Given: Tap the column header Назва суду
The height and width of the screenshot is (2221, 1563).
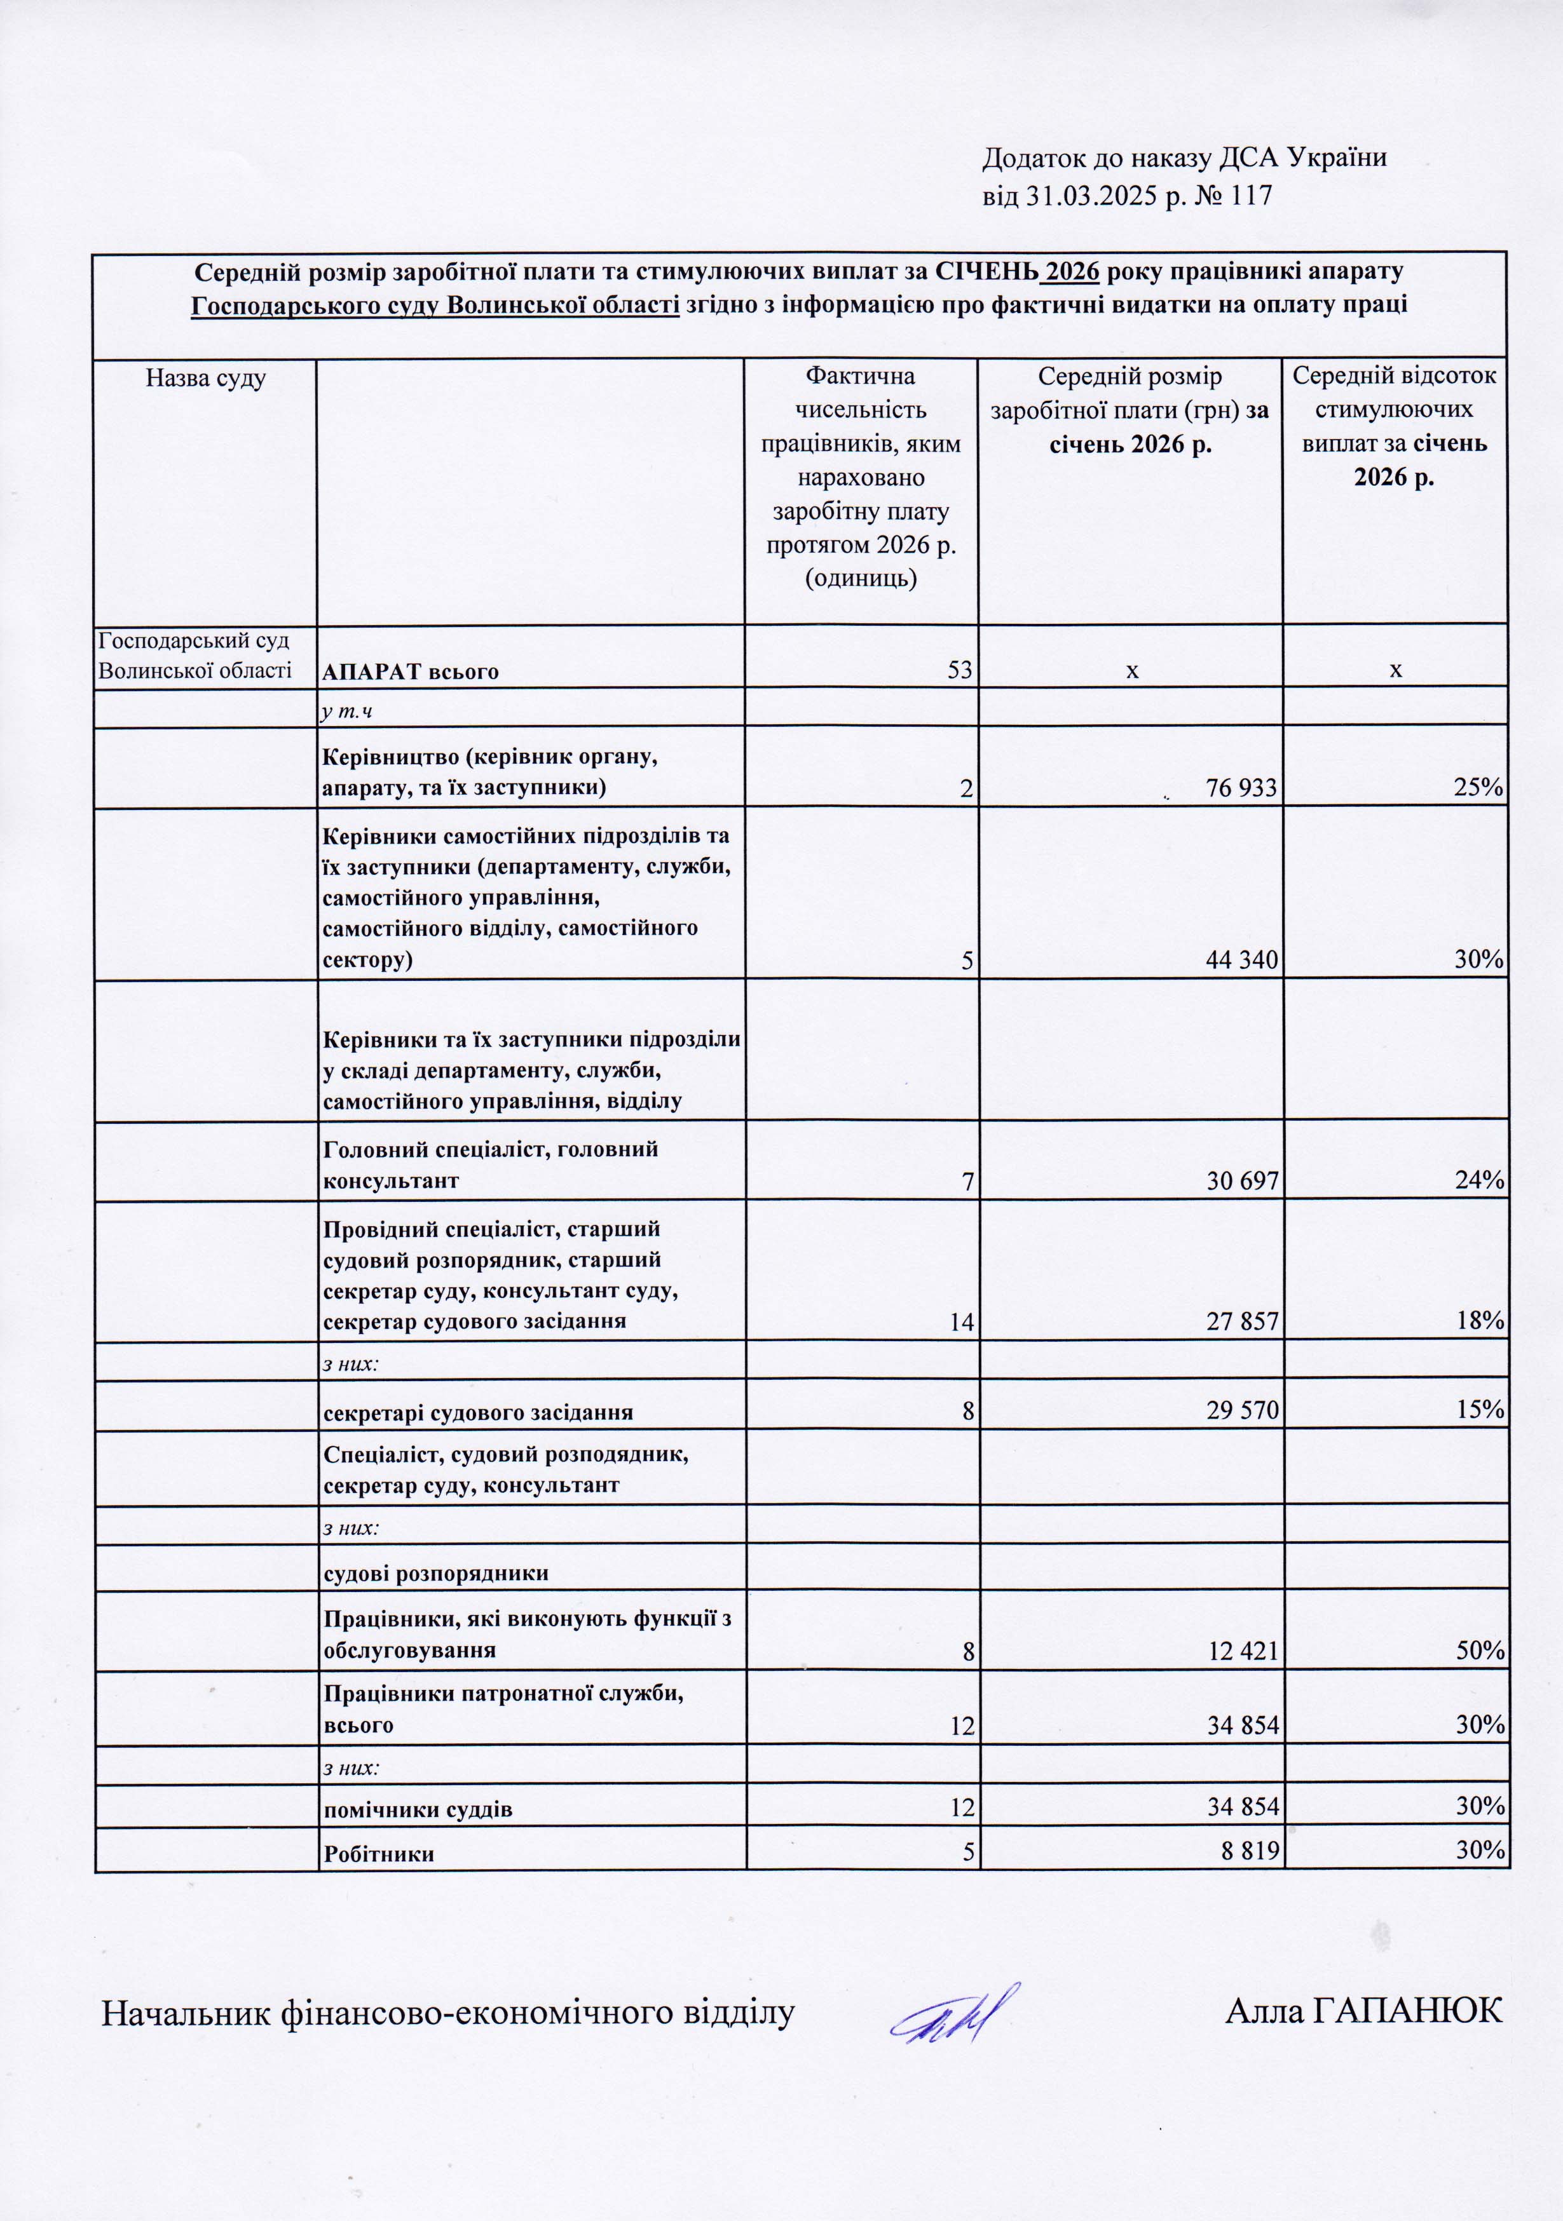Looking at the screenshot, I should click(x=205, y=378).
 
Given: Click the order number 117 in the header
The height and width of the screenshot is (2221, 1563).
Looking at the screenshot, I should click(x=1252, y=196).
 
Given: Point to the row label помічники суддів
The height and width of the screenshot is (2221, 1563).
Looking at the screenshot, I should click(x=417, y=1809).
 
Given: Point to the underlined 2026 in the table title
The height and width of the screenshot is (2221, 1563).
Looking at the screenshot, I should click(x=1072, y=272).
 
